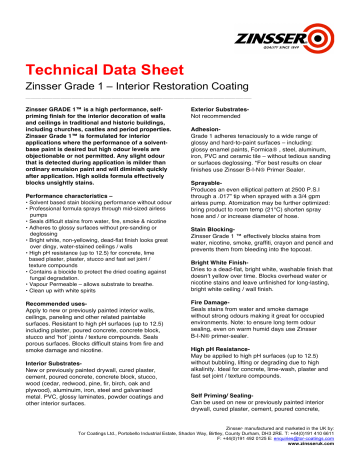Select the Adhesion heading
(x=207, y=129)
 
